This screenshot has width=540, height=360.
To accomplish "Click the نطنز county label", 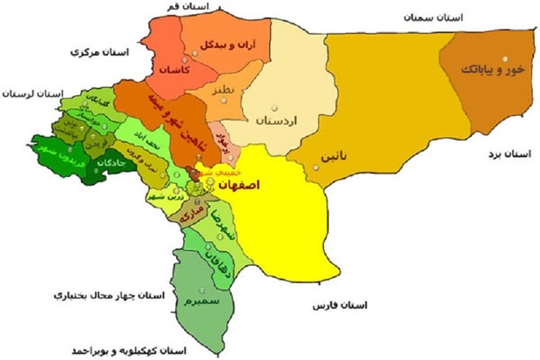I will click(220, 92).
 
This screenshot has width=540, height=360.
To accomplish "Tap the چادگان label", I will click(91, 162).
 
